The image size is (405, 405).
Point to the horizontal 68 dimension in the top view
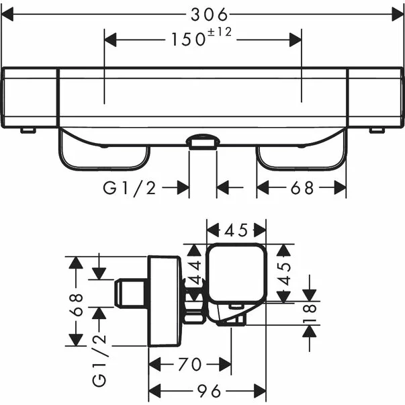pos(302,188)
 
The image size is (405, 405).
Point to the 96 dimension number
pos(208,390)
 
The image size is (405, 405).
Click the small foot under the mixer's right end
pos(379,129)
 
